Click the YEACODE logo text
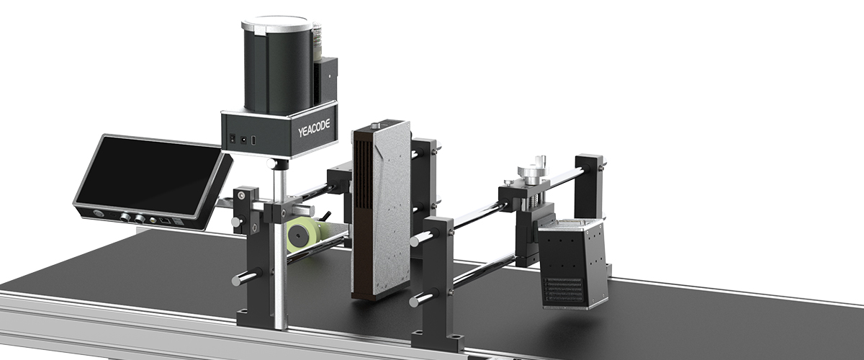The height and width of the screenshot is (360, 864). (x=314, y=128)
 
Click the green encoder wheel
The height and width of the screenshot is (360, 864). (x=305, y=235)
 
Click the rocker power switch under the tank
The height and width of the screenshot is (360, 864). (x=232, y=139)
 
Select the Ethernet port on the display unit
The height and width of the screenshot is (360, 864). (x=165, y=221)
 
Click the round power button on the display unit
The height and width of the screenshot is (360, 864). (x=97, y=213)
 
